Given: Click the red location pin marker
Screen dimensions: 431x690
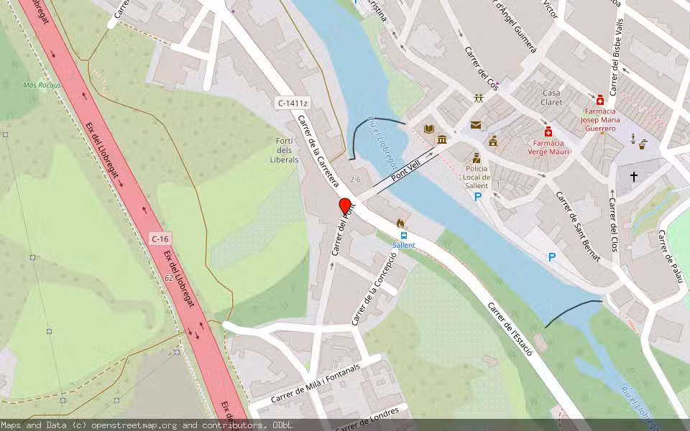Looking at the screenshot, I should [345, 206].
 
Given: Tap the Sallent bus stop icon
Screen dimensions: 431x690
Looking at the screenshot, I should [403, 235].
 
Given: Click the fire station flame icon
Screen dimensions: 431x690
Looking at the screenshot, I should [400, 223].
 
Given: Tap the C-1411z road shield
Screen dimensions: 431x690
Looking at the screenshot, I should [293, 103].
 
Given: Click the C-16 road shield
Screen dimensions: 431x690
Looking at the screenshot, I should [160, 238].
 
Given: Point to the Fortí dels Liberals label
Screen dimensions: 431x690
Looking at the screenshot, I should [285, 149].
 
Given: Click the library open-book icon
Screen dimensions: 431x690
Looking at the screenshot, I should [429, 129].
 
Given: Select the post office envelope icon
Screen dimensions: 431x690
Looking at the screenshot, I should [476, 125].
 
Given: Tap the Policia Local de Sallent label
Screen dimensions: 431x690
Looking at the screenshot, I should [477, 177].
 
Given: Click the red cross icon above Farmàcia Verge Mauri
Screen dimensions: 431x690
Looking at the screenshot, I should [548, 132].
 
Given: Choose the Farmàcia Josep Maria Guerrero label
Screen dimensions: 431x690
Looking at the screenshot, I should [600, 120].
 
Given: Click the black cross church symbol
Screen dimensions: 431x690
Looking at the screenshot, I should [634, 176].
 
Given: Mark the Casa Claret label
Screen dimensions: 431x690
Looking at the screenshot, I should [552, 98].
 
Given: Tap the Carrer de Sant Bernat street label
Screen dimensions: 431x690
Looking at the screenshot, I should [577, 226].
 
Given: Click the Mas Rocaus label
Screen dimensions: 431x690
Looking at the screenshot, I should [42, 85].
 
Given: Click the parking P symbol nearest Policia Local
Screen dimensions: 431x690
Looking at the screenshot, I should [477, 196].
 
